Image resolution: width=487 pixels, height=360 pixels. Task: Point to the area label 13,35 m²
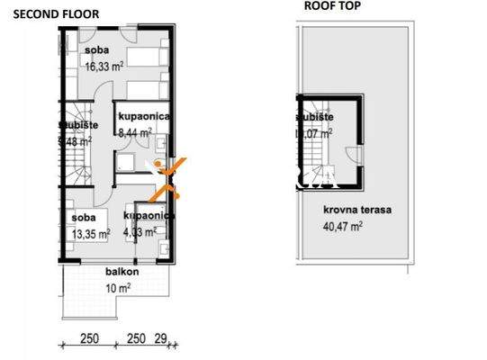pyautogui.click(x=90, y=232)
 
